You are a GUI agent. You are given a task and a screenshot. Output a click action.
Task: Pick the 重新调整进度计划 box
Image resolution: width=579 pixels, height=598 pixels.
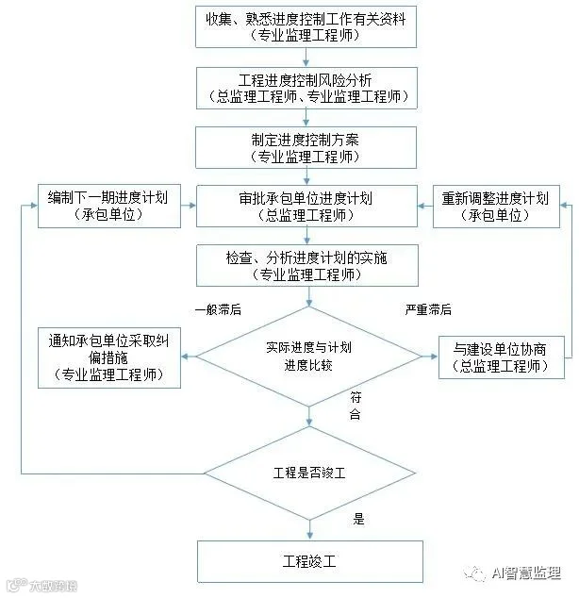coord(496,207)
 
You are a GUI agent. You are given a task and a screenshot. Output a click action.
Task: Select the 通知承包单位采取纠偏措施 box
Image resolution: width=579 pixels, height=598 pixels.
coord(110,356)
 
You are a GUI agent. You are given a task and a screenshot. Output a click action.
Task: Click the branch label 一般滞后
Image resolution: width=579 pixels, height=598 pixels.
coord(218,309)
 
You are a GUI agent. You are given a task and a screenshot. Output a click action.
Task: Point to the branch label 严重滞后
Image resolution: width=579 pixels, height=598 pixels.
coord(428,309)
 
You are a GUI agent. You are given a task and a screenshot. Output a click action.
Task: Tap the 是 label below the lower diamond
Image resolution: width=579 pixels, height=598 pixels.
coord(358,518)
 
